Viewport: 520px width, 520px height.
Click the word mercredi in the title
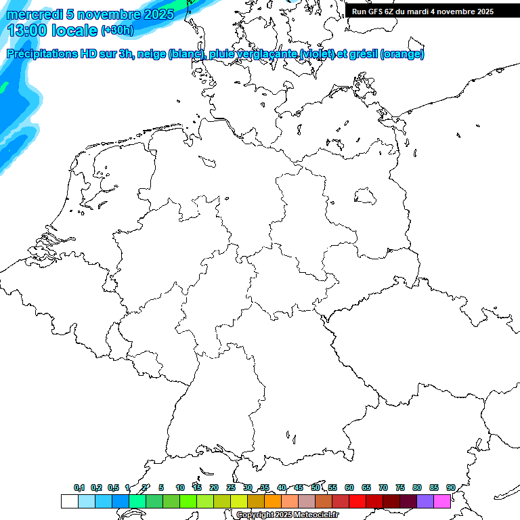35,14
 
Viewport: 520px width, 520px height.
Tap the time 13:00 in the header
28,30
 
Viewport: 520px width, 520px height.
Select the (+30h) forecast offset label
117,31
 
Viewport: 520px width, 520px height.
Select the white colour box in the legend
69,502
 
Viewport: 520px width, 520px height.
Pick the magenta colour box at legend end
442,502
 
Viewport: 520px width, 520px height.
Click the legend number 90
450,487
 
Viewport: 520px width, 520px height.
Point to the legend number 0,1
79,487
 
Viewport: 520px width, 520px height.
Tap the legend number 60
349,487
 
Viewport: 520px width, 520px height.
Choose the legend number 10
180,487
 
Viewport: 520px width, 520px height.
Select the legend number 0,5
113,487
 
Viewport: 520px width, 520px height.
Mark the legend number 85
434,487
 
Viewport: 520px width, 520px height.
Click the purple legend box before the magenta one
425,502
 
